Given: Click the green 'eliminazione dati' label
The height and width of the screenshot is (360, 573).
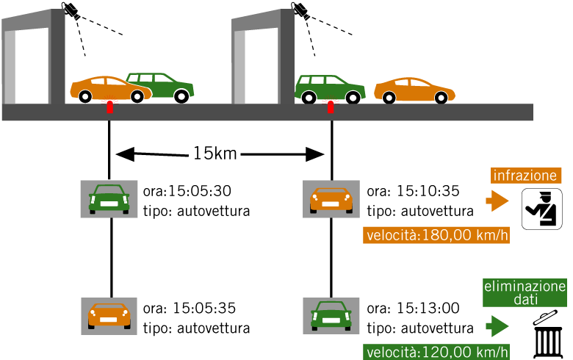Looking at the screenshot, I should [525, 293].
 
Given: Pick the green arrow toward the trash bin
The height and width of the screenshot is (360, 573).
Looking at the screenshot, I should [498, 324].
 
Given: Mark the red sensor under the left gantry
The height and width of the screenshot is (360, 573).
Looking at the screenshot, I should [109, 105].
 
